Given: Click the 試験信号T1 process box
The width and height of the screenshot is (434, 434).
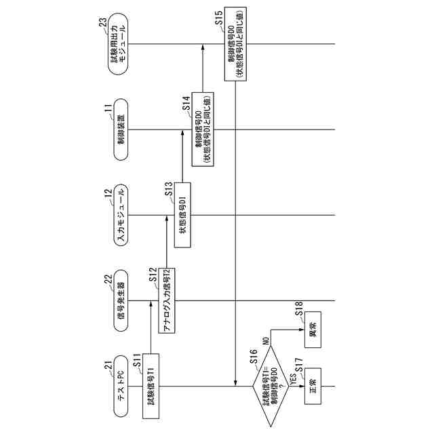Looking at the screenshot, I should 153,387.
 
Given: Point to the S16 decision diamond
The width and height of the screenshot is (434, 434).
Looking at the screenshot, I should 270,387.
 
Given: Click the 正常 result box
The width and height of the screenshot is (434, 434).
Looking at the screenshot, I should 313,387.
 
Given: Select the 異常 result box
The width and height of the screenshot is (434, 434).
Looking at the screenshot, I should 313,333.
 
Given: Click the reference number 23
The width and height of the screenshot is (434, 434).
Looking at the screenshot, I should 102,25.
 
